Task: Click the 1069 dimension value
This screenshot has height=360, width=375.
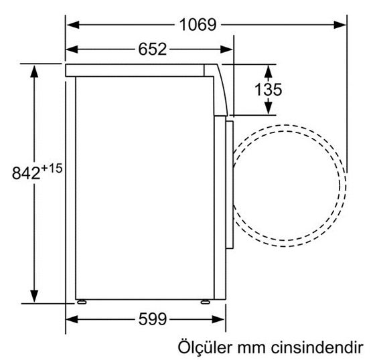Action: point(198,25)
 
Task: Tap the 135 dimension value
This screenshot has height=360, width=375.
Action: point(269,89)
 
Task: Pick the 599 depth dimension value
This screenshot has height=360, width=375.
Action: point(148,319)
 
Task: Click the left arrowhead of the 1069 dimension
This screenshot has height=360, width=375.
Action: point(72,25)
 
